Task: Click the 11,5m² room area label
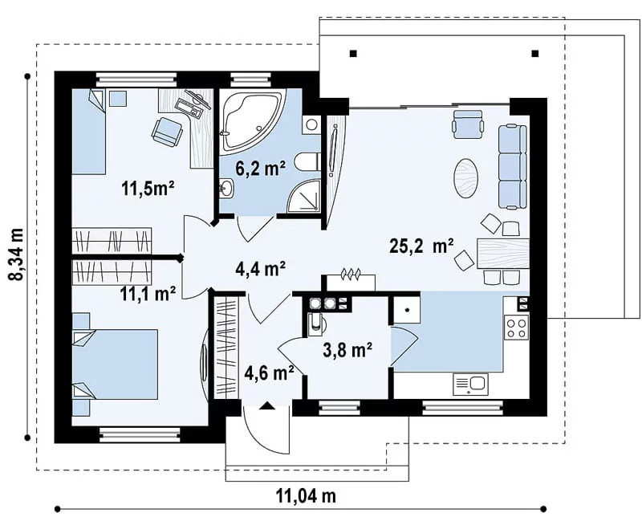(148, 189)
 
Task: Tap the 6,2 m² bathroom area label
(260, 168)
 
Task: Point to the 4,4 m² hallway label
(260, 269)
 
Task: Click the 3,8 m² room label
(347, 351)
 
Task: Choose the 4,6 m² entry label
(269, 372)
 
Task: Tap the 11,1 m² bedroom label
(148, 294)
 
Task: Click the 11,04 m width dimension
(306, 496)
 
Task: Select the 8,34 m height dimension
(18, 254)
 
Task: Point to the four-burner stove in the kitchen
(516, 328)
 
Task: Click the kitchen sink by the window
(470, 384)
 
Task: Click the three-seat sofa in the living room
(512, 167)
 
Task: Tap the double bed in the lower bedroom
(115, 364)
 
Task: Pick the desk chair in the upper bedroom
(167, 132)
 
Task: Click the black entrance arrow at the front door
(266, 405)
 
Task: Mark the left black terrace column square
(353, 53)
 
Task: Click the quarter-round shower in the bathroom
(305, 197)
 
